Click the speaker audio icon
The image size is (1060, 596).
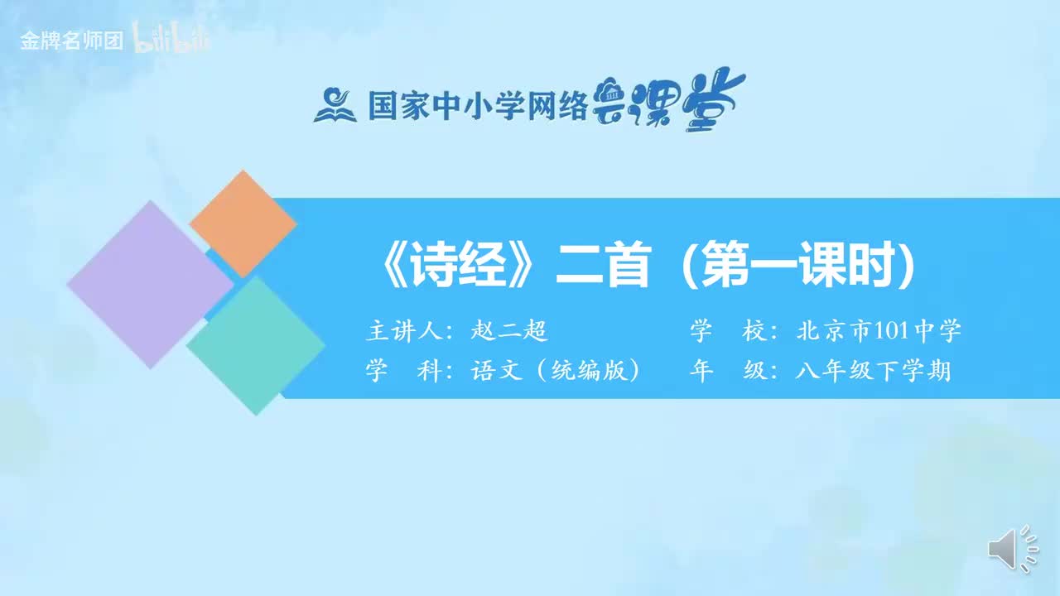click(x=1011, y=549)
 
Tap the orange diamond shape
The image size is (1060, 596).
click(x=243, y=223)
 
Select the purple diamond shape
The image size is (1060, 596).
click(x=150, y=284)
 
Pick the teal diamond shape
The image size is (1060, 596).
click(x=256, y=345)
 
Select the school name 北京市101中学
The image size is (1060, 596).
click(x=879, y=332)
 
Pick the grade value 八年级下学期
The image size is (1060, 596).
click(x=874, y=371)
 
